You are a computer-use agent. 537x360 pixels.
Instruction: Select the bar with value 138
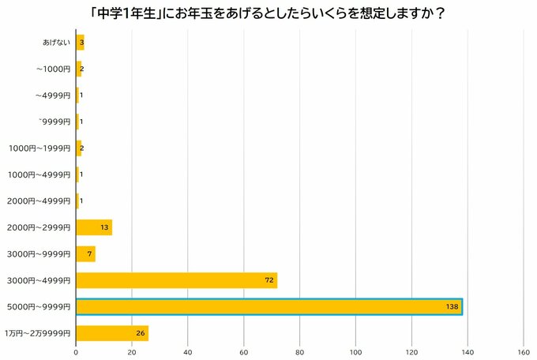pos(268,306)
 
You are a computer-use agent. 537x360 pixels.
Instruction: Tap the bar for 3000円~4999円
pos(176,280)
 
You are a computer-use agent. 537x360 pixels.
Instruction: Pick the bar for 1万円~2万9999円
pos(111,333)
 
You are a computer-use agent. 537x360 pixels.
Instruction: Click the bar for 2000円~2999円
pos(94,227)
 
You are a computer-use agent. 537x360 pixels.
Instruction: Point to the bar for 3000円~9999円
pos(85,254)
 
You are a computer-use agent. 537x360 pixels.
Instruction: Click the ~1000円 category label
pos(53,69)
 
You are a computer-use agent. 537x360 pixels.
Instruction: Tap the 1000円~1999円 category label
pos(39,148)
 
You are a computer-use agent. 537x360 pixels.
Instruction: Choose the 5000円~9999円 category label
pos(39,306)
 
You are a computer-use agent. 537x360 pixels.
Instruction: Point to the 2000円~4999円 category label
pos(39,201)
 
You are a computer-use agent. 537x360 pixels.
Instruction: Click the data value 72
pos(268,280)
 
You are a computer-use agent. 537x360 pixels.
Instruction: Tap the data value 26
pos(141,333)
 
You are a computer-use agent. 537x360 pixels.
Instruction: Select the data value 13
pos(105,227)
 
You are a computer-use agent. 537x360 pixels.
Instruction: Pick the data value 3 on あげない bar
pos(81,43)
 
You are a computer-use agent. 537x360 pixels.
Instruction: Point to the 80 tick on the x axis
pos(300,352)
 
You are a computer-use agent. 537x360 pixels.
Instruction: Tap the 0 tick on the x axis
pos(76,352)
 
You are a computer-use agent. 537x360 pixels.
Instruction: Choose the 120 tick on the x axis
pos(411,352)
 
